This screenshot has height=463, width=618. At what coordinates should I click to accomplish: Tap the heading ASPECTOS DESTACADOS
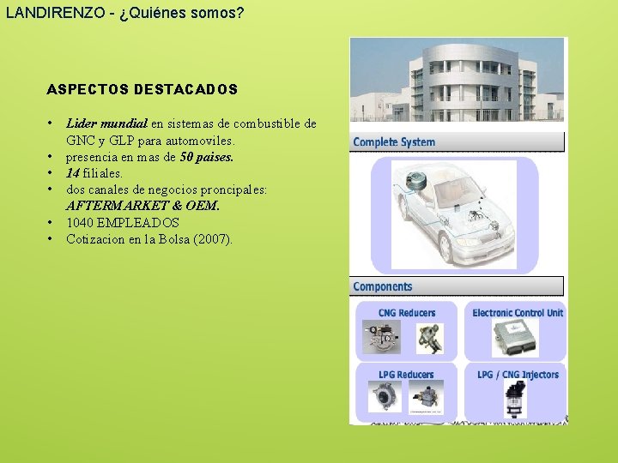[142, 89]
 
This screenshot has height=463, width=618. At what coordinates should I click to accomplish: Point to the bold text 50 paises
[207, 157]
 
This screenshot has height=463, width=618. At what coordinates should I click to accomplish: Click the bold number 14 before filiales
[73, 173]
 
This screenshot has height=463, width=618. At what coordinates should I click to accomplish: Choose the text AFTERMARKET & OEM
[142, 206]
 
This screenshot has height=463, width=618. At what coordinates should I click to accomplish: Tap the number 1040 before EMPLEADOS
[82, 222]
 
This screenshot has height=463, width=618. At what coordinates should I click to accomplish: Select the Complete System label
[394, 142]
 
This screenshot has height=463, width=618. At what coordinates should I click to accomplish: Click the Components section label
[383, 286]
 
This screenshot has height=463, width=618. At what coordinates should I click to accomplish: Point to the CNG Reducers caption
[407, 313]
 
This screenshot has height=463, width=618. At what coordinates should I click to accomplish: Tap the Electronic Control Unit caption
[518, 313]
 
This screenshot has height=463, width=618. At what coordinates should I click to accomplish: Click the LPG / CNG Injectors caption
[518, 375]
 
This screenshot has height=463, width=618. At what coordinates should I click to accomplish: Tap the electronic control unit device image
[514, 339]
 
